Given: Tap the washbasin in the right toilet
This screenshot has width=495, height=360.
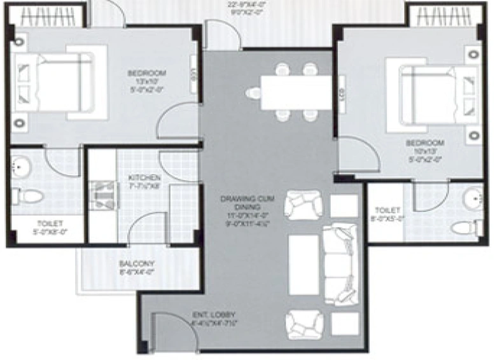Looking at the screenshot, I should [x=473, y=197].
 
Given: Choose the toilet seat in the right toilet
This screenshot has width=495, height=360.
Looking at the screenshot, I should [x=464, y=226].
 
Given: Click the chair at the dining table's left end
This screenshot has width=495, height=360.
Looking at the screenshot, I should [x=253, y=93].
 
